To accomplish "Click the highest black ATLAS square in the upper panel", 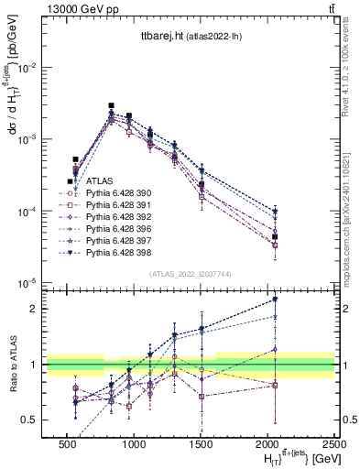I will [111, 106].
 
